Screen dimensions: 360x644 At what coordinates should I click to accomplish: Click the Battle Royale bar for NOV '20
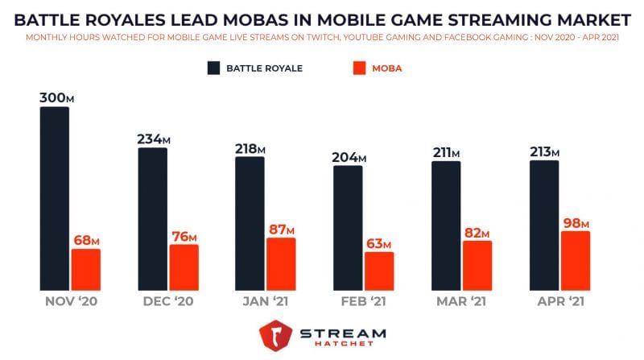55,198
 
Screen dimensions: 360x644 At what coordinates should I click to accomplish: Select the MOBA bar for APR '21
575,261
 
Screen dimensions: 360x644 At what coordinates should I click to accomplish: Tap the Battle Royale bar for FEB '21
348,228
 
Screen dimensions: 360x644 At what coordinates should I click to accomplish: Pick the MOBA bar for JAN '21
281,264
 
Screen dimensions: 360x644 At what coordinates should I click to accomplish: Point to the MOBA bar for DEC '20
184,267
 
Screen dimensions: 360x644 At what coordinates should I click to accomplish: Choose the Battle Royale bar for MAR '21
446,226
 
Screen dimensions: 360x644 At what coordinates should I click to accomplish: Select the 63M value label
378,243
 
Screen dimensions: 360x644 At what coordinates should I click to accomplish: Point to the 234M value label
153,139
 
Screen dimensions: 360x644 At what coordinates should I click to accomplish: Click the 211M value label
445,152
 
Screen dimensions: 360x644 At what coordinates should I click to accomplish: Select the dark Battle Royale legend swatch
213,68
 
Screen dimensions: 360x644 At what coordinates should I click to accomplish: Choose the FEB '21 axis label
363,302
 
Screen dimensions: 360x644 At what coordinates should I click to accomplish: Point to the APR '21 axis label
559,302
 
